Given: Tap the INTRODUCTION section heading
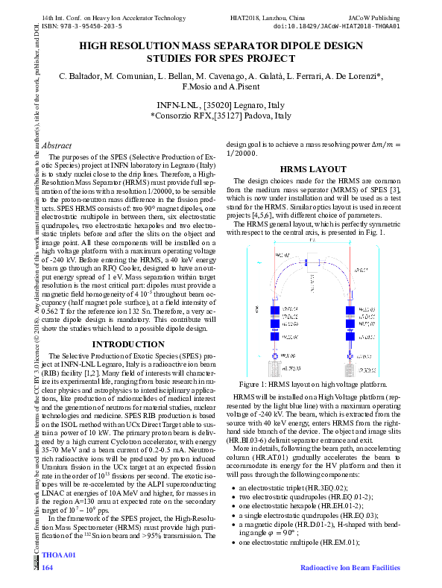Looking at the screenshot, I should pos(127,344).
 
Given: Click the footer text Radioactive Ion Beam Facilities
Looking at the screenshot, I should pos(350,568).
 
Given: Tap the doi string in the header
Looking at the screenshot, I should pos(337,25).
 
